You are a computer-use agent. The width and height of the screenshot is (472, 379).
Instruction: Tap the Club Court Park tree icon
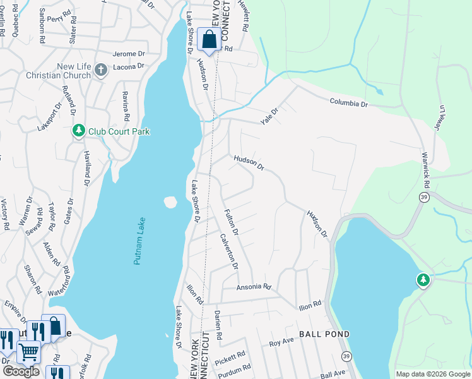click(78, 131)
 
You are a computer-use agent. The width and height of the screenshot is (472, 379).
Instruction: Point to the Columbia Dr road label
click(348, 102)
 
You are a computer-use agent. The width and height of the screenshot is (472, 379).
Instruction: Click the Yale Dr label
click(270, 115)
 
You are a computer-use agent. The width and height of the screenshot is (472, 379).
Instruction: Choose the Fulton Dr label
click(230, 222)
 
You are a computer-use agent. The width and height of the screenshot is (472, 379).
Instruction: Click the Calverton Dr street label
click(228, 251)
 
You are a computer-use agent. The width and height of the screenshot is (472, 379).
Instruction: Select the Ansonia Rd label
click(253, 287)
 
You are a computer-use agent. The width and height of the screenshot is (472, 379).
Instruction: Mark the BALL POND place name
click(324, 334)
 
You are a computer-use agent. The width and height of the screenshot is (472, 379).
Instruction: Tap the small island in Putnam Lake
click(169, 202)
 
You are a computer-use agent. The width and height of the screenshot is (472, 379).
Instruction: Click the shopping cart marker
click(28, 351)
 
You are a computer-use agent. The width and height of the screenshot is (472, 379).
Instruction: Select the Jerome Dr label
click(129, 54)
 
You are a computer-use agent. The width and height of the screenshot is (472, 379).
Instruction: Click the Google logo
click(21, 371)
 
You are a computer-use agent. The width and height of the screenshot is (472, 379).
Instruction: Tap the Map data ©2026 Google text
click(432, 374)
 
